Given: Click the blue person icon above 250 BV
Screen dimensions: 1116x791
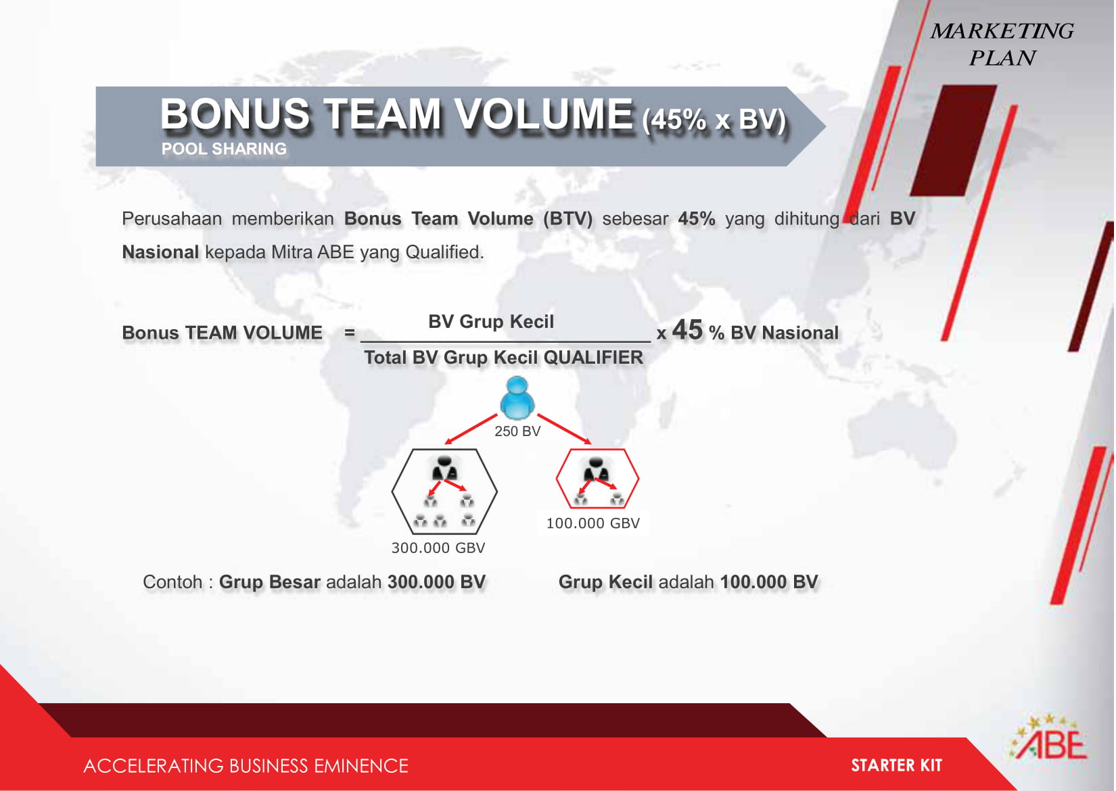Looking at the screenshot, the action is (517, 398).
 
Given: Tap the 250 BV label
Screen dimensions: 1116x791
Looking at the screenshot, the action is (517, 431).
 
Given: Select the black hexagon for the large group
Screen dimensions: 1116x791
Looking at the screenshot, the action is (393, 491).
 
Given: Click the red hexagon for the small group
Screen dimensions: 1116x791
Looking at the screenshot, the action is (557, 478).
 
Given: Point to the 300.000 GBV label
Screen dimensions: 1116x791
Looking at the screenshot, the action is (438, 548).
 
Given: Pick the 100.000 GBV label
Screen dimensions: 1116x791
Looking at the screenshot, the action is (593, 523).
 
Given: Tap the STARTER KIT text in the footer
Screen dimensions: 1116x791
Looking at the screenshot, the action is (896, 765).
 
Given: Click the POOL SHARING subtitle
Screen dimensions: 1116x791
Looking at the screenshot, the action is (224, 149).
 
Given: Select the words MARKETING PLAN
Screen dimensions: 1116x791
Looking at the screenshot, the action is (1002, 45).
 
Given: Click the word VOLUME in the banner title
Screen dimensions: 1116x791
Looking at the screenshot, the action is (544, 114).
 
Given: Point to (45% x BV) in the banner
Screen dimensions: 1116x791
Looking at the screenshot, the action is (714, 120).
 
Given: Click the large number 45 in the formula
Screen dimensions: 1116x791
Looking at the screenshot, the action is (687, 330).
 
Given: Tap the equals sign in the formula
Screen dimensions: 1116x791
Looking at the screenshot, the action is (350, 332).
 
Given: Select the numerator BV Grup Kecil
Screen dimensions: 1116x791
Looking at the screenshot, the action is (491, 322).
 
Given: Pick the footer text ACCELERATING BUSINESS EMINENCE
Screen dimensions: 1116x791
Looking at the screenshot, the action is (246, 765).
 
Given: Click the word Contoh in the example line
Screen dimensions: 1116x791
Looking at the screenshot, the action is (172, 582).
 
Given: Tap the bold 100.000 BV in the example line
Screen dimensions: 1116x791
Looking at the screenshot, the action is (769, 582).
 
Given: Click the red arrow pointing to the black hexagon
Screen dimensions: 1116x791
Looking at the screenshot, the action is (471, 429).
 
